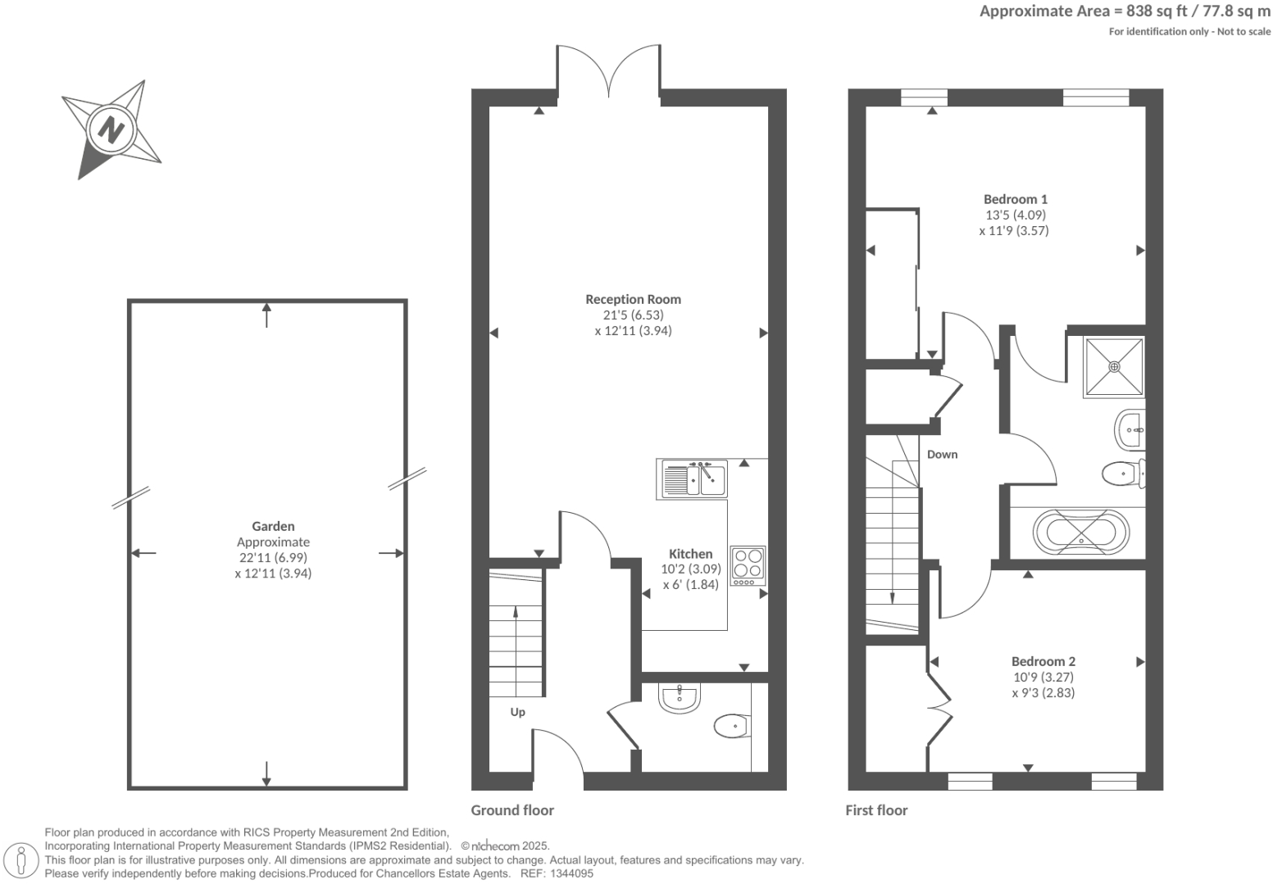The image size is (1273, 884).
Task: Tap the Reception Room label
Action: [633, 300]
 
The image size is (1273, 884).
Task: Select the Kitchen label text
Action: [690, 554]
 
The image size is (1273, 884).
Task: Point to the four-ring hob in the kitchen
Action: [748, 565]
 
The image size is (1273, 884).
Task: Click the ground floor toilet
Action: [731, 725]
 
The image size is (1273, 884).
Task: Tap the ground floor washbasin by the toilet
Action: [679, 698]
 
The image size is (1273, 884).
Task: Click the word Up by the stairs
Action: [517, 712]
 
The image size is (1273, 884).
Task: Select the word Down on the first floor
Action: [942, 455]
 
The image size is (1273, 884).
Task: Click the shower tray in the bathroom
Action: [1114, 366]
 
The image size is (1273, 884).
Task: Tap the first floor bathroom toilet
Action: [1121, 474]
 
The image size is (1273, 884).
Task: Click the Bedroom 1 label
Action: [1015, 199]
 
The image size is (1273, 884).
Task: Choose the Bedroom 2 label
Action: [1043, 661]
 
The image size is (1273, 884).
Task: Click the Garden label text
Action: [273, 527]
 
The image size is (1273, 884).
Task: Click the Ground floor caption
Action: [512, 810]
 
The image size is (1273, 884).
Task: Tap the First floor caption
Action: [876, 810]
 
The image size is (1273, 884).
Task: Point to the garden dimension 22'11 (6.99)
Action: [273, 558]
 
